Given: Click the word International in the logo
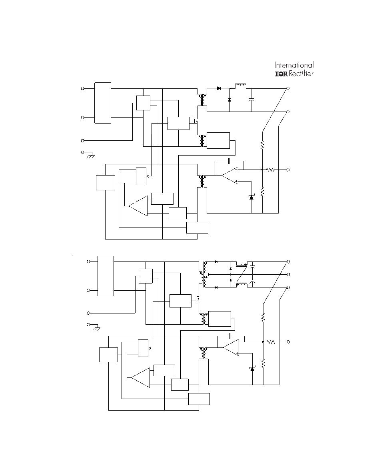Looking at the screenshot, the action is click(x=294, y=65).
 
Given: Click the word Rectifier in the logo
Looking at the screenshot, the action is click(x=301, y=73).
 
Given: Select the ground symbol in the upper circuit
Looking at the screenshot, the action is click(x=90, y=156).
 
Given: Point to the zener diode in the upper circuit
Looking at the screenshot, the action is click(x=251, y=197).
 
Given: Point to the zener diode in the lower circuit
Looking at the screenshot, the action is click(x=252, y=369).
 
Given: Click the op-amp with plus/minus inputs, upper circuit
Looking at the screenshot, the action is click(x=230, y=176).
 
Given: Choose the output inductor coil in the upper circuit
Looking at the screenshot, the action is click(x=241, y=86).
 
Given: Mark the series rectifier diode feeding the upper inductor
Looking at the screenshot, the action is click(x=219, y=88).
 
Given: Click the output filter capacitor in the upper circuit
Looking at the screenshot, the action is click(x=251, y=100).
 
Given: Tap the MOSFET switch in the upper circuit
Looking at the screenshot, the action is click(x=195, y=121).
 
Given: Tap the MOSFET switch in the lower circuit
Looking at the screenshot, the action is click(x=197, y=299).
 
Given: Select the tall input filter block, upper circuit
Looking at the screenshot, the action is click(x=103, y=103).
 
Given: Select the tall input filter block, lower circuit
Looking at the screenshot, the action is click(x=106, y=276).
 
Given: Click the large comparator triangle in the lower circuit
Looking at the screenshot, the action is click(x=140, y=378).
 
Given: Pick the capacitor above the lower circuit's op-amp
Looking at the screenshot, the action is click(x=231, y=335).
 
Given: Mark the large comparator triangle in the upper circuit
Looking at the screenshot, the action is click(x=138, y=206).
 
